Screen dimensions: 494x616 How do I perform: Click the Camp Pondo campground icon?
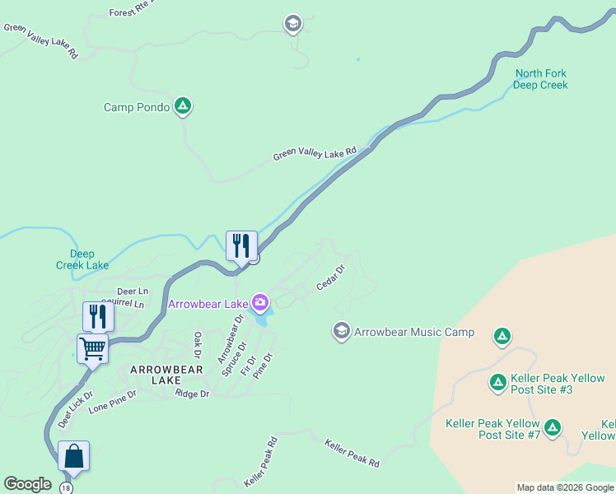(184, 106)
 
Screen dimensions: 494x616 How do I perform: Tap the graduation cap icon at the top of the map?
(292, 24)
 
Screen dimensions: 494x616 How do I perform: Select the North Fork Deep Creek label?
(541, 79)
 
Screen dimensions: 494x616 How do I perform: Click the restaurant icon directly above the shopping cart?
(94, 316)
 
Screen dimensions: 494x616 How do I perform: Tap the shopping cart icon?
(92, 347)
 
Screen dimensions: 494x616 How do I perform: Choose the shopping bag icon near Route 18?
(73, 456)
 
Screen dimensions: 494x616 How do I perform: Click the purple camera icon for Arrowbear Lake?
(261, 304)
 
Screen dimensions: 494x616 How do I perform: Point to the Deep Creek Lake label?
(82, 259)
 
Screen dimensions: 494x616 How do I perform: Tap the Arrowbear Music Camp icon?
(341, 332)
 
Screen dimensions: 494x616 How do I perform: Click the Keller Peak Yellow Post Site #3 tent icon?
(497, 382)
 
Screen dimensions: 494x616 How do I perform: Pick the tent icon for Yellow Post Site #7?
(553, 427)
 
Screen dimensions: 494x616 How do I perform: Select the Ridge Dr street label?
(193, 394)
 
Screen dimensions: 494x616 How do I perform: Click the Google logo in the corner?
(27, 484)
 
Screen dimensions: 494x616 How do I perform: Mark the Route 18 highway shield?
(66, 488)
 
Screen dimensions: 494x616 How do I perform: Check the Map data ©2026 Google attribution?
(565, 487)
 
